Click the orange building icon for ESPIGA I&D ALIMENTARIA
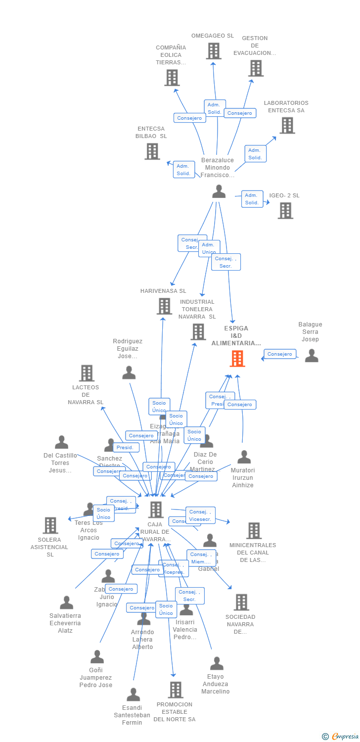pos(237,359)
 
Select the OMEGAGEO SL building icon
pos(213,51)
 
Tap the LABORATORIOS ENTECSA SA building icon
pos(287,126)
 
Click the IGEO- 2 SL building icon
pos(285,211)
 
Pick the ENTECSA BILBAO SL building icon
pos(152,151)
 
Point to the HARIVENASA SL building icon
pos(164,306)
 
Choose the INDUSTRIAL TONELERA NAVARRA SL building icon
pos(198,331)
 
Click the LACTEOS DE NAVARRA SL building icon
pos(87,373)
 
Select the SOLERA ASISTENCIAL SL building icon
pos(50,525)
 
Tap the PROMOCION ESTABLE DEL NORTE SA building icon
pos(175,690)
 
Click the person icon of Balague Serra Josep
pos(312,356)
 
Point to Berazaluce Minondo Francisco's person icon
pos(219,192)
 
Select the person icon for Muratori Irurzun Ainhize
pos(244,457)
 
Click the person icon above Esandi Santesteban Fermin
pos(133,695)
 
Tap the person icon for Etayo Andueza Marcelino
pos(217,663)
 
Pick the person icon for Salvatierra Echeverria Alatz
pos(66,603)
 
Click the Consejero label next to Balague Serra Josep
pos(280,354)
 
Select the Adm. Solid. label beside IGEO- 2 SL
pos(252,199)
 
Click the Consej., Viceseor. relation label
pos(200,515)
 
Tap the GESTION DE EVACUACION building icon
pos(256,68)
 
